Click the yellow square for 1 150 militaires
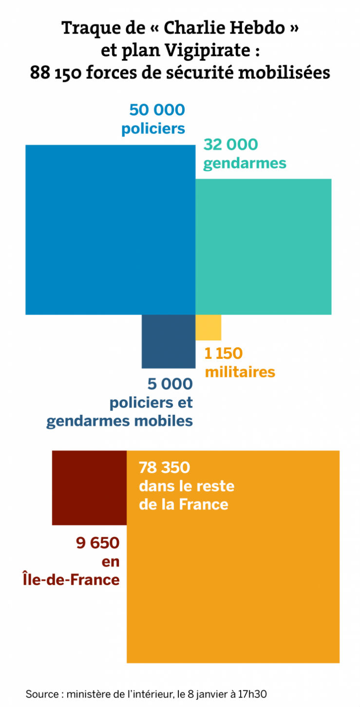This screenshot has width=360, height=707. point(208,327)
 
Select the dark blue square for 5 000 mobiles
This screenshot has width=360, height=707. point(168,341)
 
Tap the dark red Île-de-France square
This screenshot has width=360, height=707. point(89,487)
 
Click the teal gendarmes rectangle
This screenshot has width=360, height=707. point(263,246)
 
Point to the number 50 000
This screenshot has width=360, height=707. point(157,110)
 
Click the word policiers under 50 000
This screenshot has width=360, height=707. point(153,129)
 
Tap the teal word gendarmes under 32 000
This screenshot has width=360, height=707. point(245,163)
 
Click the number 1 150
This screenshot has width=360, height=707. point(224,353)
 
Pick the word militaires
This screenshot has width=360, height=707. point(240,372)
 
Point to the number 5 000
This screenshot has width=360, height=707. point(170,384)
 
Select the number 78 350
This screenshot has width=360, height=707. point(164,468)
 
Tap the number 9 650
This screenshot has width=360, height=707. point(97,542)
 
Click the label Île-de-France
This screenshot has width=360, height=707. point(71,579)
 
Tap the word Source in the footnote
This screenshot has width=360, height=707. point(42,693)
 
